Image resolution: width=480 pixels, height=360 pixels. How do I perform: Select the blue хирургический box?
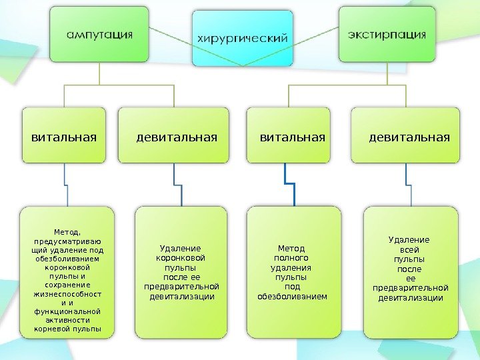243,38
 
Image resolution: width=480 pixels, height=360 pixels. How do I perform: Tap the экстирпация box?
387,34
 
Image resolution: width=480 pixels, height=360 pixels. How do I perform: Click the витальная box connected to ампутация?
64,136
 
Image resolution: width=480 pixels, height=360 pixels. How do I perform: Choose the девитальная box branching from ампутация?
177,136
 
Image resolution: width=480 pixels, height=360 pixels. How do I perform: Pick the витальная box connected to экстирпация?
291,136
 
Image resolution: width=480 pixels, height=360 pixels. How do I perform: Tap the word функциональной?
67,311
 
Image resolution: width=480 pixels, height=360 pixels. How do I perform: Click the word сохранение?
67,284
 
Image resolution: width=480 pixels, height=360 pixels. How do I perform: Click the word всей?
409,249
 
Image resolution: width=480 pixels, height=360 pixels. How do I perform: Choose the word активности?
67,320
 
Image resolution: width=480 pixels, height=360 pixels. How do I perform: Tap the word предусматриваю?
67,241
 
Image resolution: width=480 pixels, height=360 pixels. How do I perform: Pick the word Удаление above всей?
409,240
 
